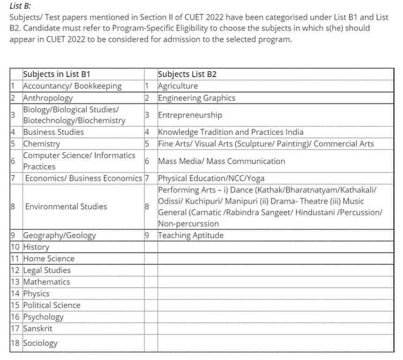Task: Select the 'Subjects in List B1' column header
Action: pyautogui.click(x=56, y=74)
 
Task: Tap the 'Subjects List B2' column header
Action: pyautogui.click(x=187, y=74)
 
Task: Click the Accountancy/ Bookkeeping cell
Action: pyautogui.click(x=72, y=86)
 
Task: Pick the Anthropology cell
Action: pyautogui.click(x=48, y=98)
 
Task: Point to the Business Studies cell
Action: pyautogui.click(x=53, y=132)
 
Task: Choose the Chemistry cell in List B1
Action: pyautogui.click(x=42, y=144)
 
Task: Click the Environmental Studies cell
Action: pyautogui.click(x=66, y=206)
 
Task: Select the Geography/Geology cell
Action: pyautogui.click(x=59, y=235)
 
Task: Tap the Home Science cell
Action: pyautogui.click(x=49, y=258)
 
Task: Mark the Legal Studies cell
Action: pyautogui.click(x=47, y=270)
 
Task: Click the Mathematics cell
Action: pyautogui.click(x=46, y=282)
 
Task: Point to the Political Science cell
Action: pyautogui.click(x=52, y=305)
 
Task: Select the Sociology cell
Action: pyautogui.click(x=40, y=343)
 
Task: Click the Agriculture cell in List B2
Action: pyautogui.click(x=178, y=86)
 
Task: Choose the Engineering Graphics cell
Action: pyautogui.click(x=196, y=98)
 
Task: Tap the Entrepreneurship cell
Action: pyautogui.click(x=190, y=115)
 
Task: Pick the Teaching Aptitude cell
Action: pyautogui.click(x=191, y=235)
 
